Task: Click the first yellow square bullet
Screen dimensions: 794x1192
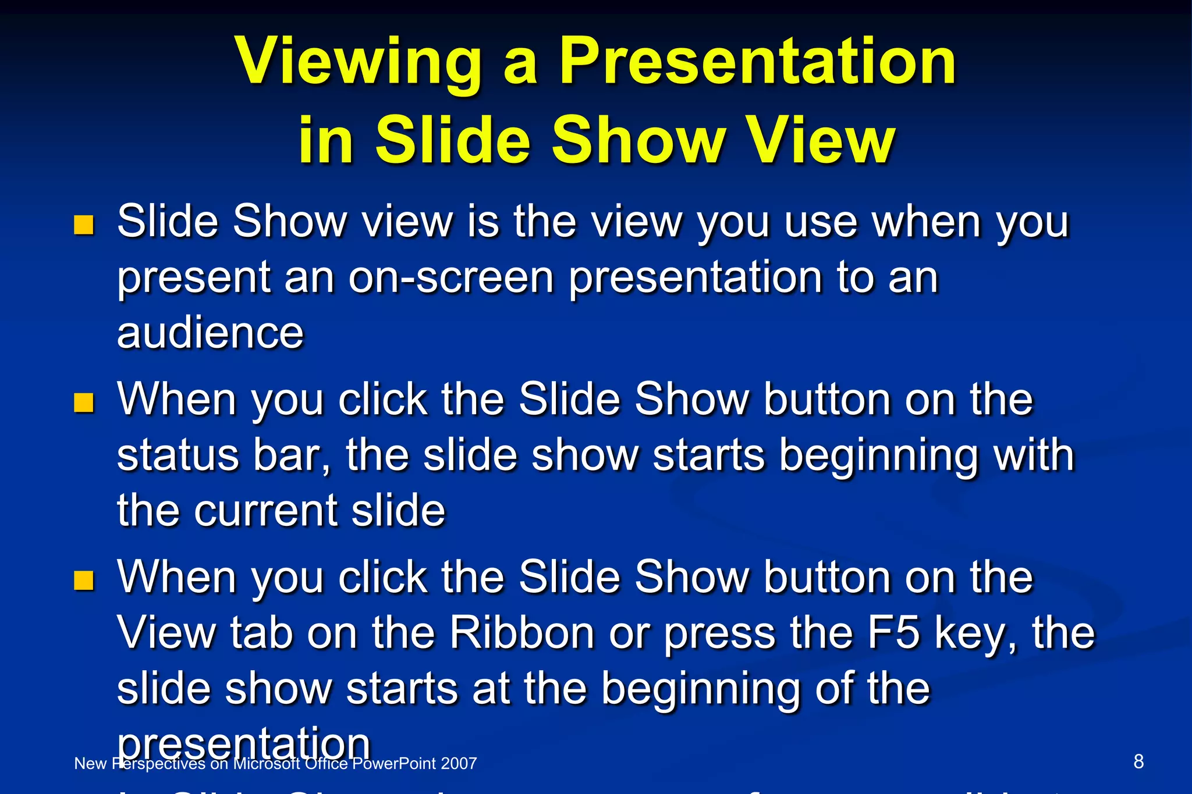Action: tap(84, 225)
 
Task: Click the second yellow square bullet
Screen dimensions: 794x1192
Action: tap(84, 402)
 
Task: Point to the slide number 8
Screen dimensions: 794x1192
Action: tap(1138, 761)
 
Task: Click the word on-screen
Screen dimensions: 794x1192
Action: tap(451, 277)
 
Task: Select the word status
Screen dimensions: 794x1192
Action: tap(178, 455)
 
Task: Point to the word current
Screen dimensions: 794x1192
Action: tap(265, 511)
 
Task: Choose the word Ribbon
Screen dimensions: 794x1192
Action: tap(521, 632)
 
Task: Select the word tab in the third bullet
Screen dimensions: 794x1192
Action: tap(261, 632)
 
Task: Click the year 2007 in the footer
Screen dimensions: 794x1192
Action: tap(459, 764)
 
